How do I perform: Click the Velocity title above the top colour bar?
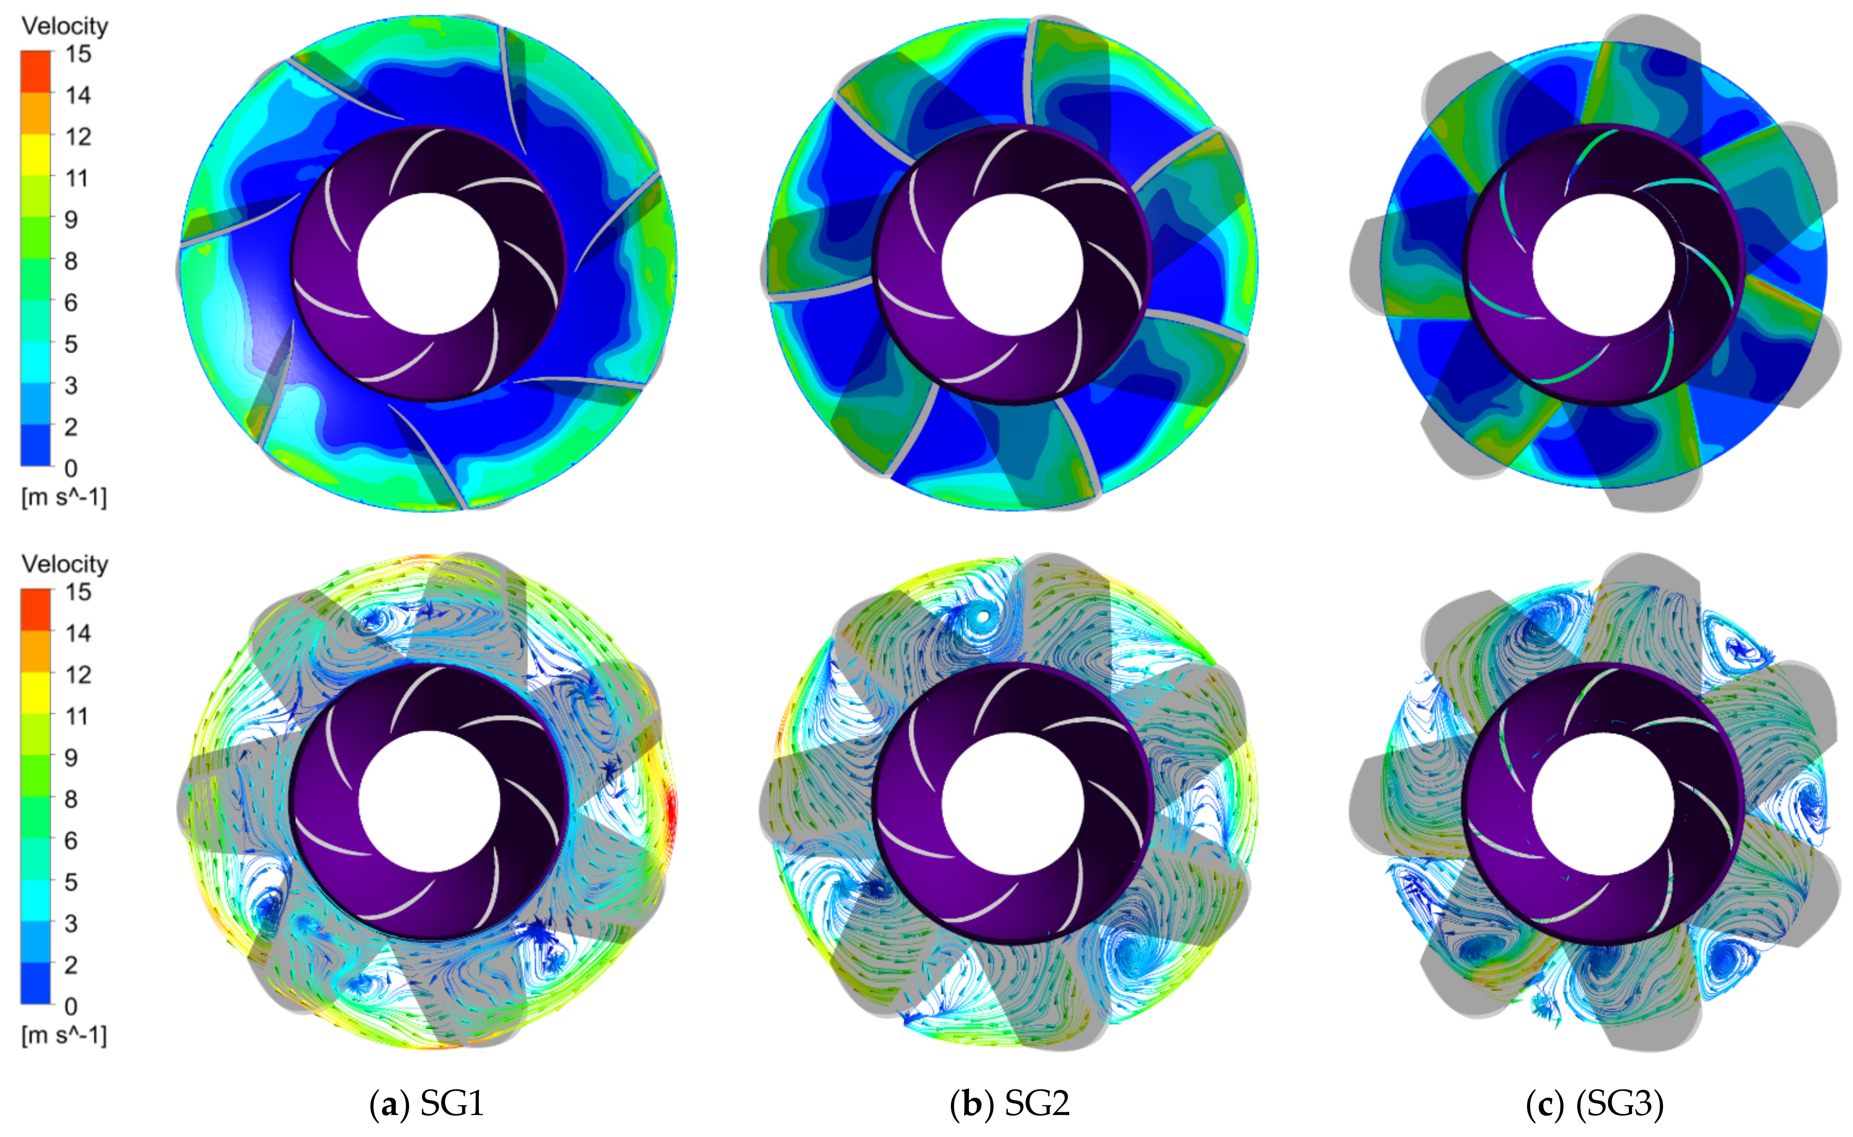point(65,26)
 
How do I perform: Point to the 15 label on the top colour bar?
point(78,54)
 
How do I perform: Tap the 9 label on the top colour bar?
point(70,220)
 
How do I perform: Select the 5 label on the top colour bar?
point(70,344)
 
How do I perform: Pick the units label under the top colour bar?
point(65,497)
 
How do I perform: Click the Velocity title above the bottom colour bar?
point(65,564)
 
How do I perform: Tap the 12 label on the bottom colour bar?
point(78,675)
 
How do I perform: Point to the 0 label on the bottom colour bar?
point(70,1006)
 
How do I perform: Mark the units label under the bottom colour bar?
point(65,1035)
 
